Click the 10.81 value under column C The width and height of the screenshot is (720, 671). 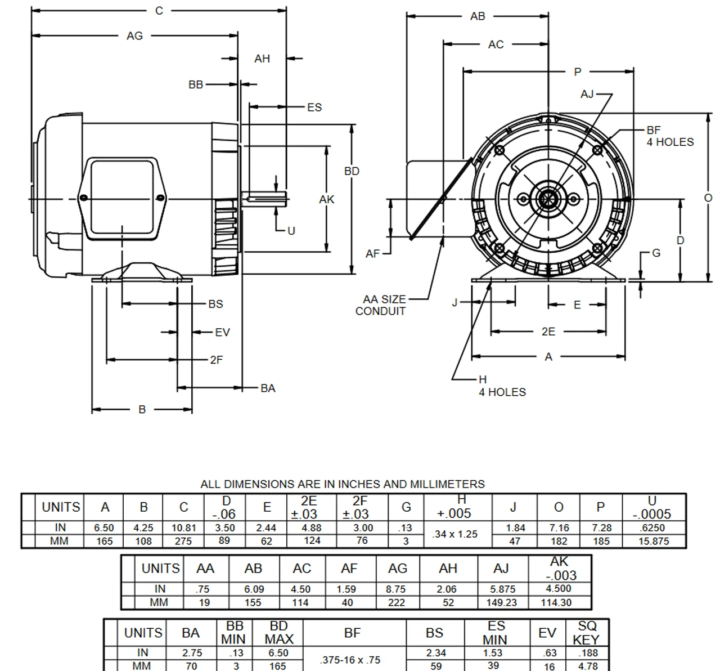(183, 528)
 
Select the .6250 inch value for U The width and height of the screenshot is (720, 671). (653, 528)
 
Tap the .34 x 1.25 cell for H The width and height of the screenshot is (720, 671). (455, 534)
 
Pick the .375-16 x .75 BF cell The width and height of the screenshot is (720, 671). (350, 660)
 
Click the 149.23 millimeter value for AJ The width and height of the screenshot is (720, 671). (501, 602)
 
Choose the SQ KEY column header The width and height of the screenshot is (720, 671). (586, 633)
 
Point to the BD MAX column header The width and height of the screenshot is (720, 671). (278, 633)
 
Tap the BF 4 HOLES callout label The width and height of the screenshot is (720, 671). (669, 136)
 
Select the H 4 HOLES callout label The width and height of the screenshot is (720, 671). (502, 386)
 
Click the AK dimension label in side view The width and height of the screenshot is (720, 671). (326, 199)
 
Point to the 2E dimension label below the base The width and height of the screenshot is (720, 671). (548, 332)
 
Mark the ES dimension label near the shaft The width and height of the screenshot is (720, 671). (314, 107)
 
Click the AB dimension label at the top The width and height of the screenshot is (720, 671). (477, 16)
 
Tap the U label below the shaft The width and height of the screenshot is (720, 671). (291, 231)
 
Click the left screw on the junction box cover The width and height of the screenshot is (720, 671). (84, 198)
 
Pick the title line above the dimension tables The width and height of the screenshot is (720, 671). (343, 484)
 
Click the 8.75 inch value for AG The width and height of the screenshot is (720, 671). (397, 589)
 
